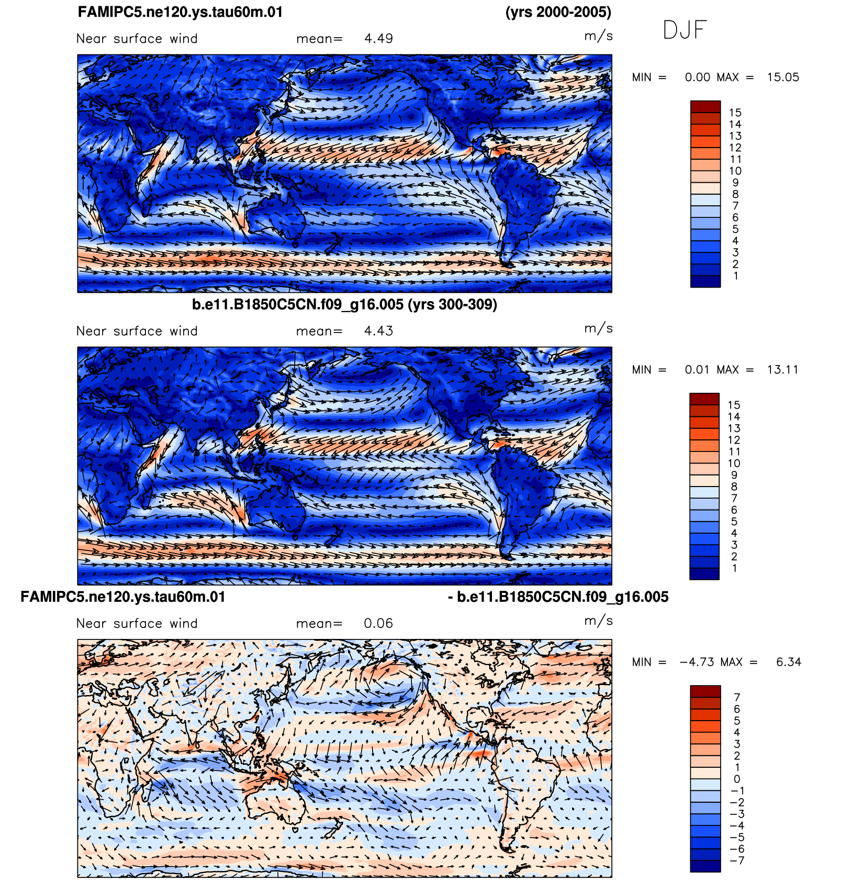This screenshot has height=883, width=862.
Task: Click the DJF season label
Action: pos(685,30)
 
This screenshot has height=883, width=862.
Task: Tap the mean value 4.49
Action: pos(378,39)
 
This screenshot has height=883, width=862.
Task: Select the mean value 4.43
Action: pos(378,331)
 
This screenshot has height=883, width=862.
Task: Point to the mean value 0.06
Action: pos(378,623)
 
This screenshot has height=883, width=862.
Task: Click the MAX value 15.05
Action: pos(783,78)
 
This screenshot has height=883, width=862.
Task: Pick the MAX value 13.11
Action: pos(783,370)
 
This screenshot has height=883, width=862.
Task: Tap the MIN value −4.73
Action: pos(697,662)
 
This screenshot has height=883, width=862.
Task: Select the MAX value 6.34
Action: pos(789,662)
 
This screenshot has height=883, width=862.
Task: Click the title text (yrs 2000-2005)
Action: pos(558,12)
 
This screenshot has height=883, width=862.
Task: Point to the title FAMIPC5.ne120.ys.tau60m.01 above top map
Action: pos(180,12)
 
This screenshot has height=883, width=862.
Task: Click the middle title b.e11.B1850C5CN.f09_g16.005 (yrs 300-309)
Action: pos(344,304)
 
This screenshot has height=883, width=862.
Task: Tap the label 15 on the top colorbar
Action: pos(735,113)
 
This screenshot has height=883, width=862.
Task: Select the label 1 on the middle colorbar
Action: pos(735,568)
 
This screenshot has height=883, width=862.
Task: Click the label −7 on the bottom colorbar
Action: pos(737,860)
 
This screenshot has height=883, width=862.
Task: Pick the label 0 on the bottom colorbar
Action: pos(737,779)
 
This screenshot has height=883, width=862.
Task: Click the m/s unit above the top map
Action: pos(598,36)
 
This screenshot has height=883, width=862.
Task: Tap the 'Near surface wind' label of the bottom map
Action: pos(137,623)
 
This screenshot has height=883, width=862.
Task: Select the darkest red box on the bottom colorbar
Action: pos(706,691)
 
